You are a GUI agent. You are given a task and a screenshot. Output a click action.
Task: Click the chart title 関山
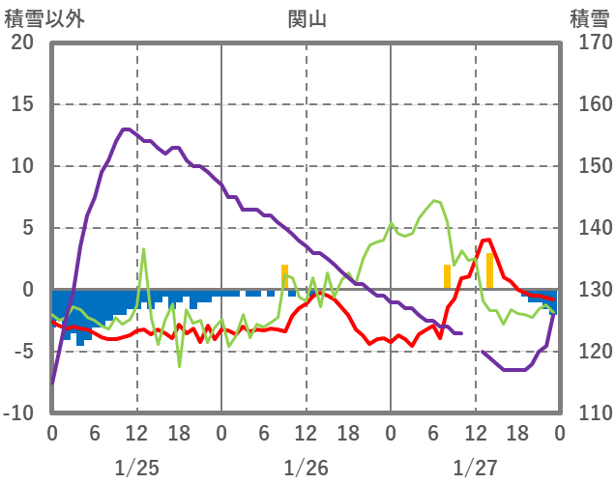[307, 17]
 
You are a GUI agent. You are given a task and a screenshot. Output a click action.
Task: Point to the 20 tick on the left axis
[22, 43]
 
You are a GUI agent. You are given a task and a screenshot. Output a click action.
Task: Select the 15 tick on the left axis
[22, 104]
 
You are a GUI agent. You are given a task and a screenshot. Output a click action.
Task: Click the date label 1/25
[136, 468]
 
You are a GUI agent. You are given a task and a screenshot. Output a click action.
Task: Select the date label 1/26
[306, 468]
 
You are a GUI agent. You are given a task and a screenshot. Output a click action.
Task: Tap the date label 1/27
[475, 468]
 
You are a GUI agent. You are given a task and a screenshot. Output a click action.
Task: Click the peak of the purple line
[126, 128]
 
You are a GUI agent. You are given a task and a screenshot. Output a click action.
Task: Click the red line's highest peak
[487, 240]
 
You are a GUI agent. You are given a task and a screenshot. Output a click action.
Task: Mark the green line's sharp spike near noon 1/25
[144, 249]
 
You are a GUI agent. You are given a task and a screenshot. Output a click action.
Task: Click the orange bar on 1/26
[284, 276]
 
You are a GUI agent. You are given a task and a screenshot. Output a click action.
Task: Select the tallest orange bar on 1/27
[489, 270]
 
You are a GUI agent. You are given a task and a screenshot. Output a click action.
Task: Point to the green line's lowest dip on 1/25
[179, 366]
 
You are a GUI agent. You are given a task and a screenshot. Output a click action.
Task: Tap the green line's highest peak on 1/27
[435, 201]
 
